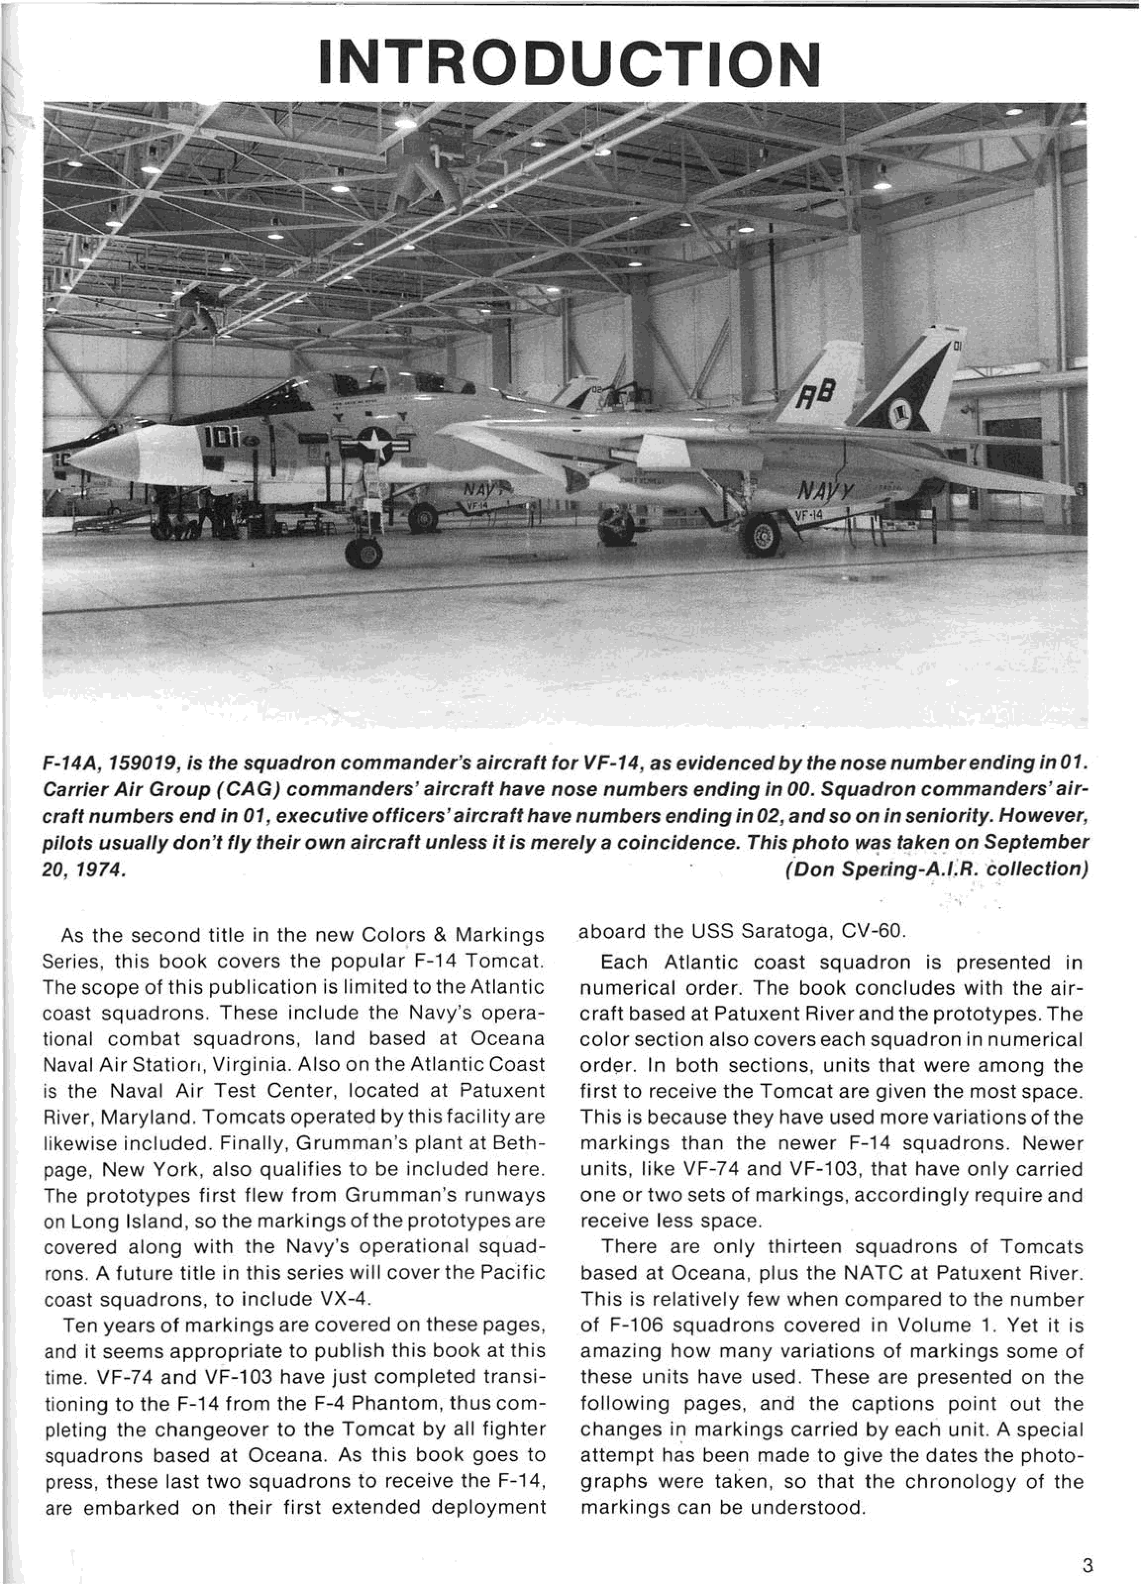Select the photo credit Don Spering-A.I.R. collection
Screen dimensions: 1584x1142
coord(936,869)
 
